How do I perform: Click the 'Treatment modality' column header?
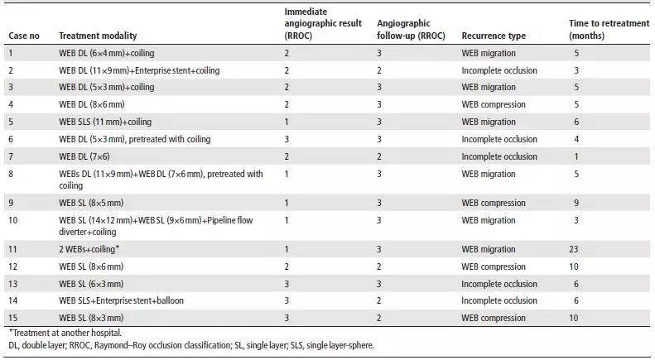click(x=98, y=36)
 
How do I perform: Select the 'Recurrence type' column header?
click(x=494, y=36)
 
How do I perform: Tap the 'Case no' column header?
click(x=24, y=36)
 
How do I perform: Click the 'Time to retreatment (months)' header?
click(x=609, y=30)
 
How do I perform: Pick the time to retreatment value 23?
click(x=574, y=249)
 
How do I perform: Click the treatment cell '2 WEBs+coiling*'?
click(x=89, y=249)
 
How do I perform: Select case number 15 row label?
click(x=13, y=318)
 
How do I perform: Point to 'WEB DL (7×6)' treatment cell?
click(x=84, y=156)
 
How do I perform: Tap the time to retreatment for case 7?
click(x=576, y=156)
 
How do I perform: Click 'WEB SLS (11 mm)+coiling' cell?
click(x=105, y=122)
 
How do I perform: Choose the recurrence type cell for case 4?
click(x=494, y=104)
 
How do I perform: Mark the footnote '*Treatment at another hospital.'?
click(x=65, y=333)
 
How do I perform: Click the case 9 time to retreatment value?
click(x=576, y=203)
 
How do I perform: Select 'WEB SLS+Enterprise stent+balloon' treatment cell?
click(x=121, y=300)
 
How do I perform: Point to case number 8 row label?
click(x=11, y=174)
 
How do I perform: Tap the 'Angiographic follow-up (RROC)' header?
click(x=411, y=30)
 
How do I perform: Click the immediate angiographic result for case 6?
click(x=287, y=139)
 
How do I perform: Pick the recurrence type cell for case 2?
click(x=499, y=70)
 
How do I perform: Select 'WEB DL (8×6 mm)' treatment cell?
click(x=91, y=104)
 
